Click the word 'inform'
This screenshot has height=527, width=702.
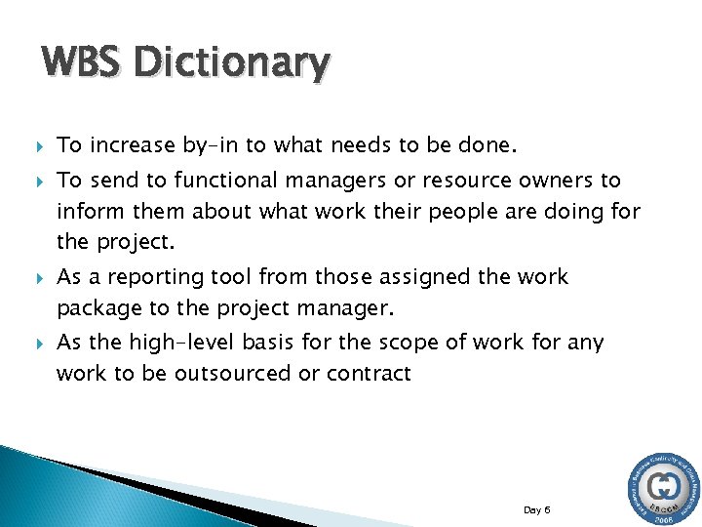pos(86,212)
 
